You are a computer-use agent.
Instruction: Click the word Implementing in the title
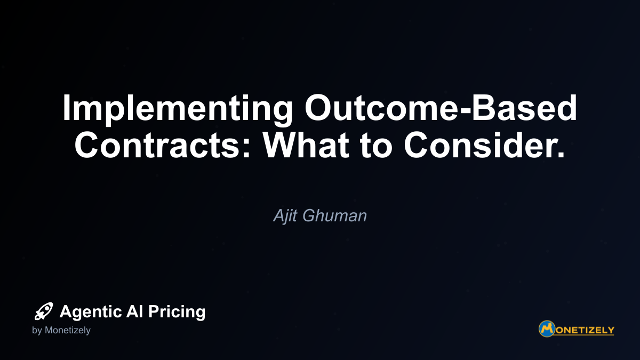pos(178,110)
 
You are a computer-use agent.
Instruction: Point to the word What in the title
pos(306,145)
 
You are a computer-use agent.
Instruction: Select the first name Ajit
pos(285,215)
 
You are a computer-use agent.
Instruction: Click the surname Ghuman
pos(334,215)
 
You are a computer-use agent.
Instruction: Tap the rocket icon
pos(44,311)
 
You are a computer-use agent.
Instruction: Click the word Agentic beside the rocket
pos(91,311)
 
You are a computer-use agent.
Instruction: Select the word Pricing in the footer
pos(177,311)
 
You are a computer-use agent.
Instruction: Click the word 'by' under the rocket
pos(37,331)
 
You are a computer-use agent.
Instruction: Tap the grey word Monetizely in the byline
pos(67,330)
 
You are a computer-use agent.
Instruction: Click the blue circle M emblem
pos(547,329)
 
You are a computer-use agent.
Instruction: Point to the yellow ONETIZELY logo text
pos(585,330)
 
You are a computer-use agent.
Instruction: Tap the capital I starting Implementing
pos(66,107)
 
